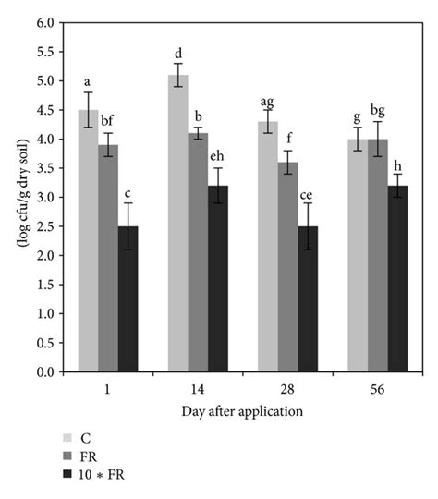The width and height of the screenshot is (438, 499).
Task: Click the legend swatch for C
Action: pos(67,437)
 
